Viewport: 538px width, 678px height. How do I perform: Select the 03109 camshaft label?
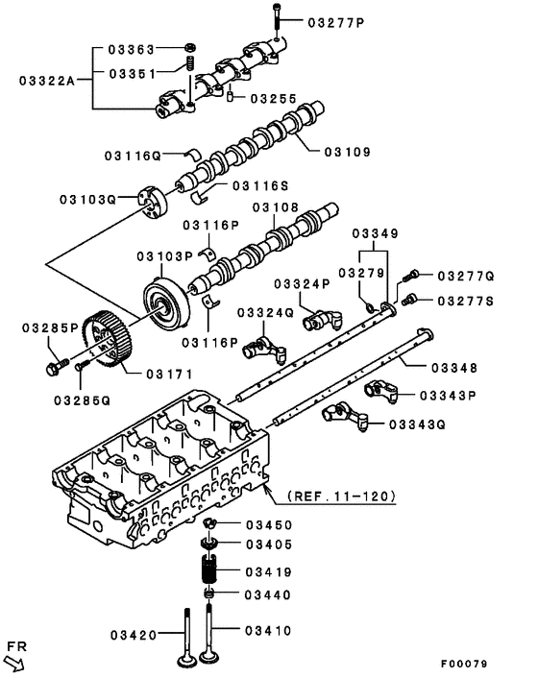tap(347, 151)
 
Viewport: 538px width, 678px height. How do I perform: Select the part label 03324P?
tap(301, 283)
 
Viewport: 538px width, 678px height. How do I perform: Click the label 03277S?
tap(465, 300)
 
